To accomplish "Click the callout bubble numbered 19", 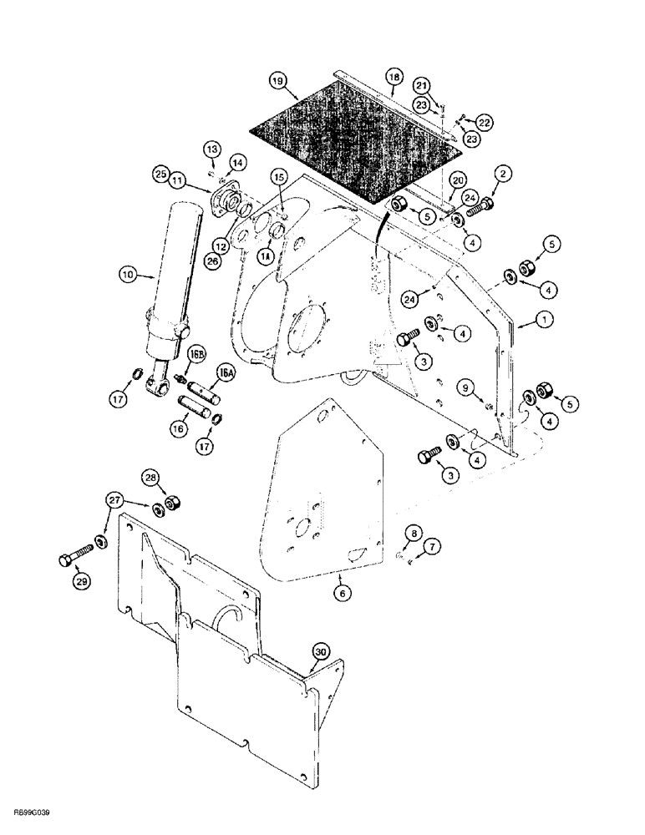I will click(277, 82).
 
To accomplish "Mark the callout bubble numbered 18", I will click(394, 77).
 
